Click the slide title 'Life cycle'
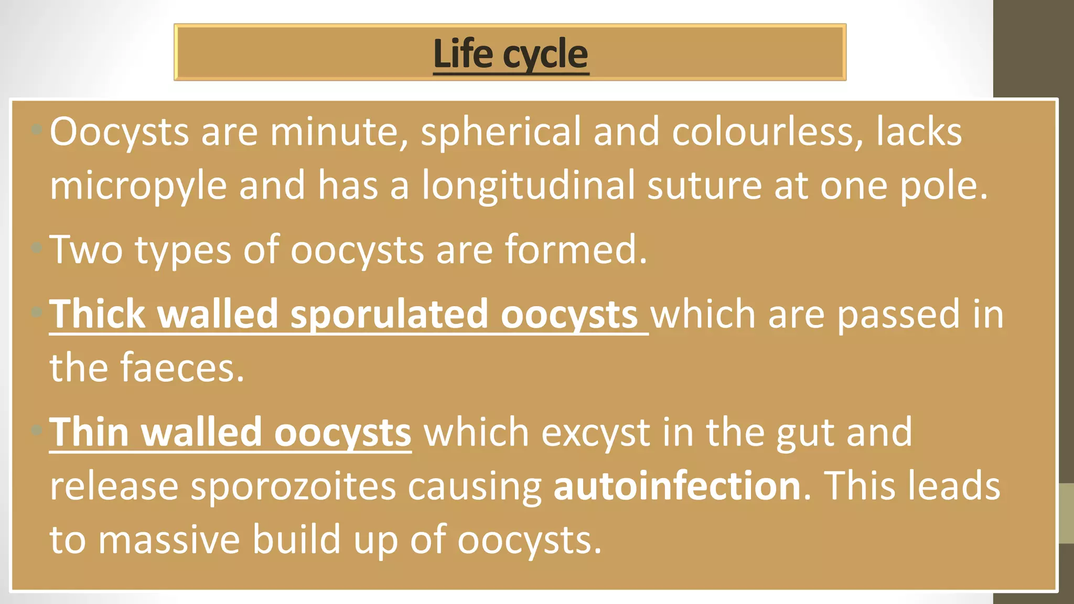pos(511,54)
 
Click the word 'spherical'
pos(500,132)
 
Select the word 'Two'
pos(86,250)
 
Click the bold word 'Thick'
pos(97,314)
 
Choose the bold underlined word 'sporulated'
pos(389,315)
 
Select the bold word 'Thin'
pos(89,433)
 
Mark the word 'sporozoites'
pos(293,487)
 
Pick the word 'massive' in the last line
pos(169,540)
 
